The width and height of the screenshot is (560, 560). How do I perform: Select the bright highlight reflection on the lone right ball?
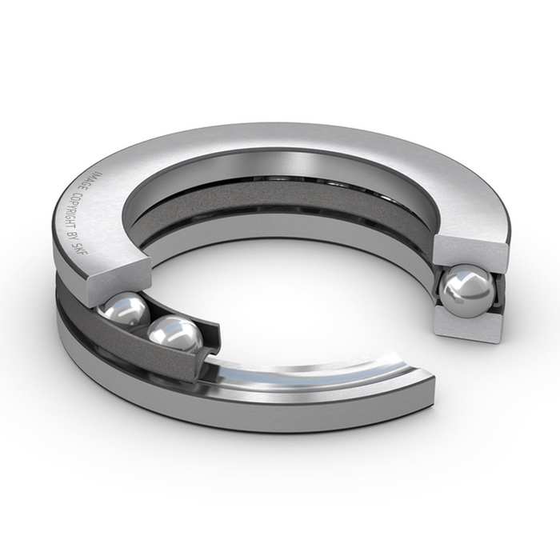coord(460,282)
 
